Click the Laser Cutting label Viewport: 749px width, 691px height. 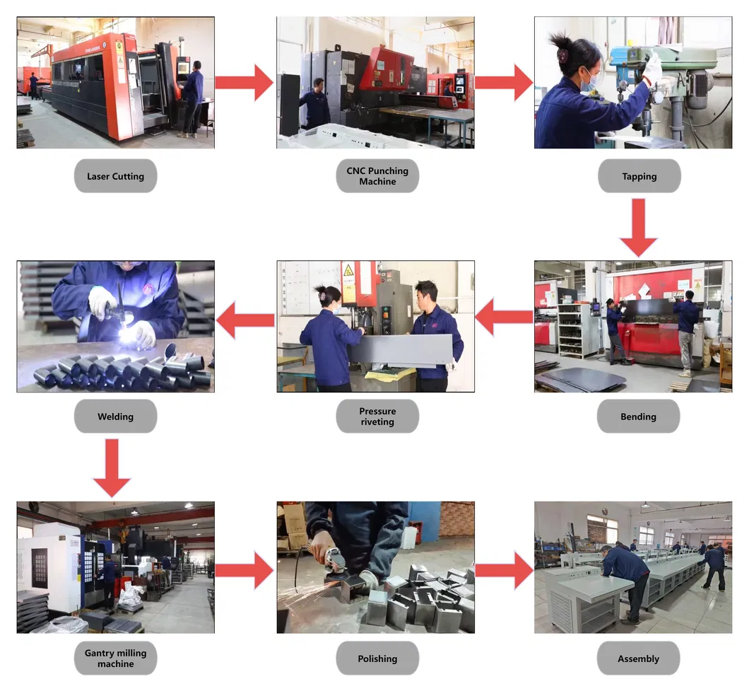pyautogui.click(x=116, y=176)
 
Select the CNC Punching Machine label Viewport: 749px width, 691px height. pyautogui.click(x=377, y=176)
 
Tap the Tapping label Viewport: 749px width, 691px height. pyautogui.click(x=639, y=176)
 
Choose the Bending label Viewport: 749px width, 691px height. pyautogui.click(x=638, y=417)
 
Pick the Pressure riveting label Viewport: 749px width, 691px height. pyautogui.click(x=377, y=417)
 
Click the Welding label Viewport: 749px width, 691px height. pyautogui.click(x=116, y=417)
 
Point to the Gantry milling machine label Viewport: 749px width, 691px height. pyautogui.click(x=116, y=658)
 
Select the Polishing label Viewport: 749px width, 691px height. pyautogui.click(x=377, y=658)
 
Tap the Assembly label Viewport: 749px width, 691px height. pyautogui.click(x=638, y=658)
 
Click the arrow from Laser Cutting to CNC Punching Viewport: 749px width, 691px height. pyautogui.click(x=244, y=83)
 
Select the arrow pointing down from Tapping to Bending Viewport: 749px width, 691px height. pyautogui.click(x=638, y=228)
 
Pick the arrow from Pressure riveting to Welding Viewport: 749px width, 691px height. pyautogui.click(x=245, y=320)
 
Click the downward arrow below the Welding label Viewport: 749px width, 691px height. pyautogui.click(x=112, y=468)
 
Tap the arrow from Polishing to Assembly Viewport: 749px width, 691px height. pyautogui.click(x=505, y=570)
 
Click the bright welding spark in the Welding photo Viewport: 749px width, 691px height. pyautogui.click(x=127, y=333)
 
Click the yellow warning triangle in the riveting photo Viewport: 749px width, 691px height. pyautogui.click(x=348, y=270)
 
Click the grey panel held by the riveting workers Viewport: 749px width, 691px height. pyautogui.click(x=401, y=350)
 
